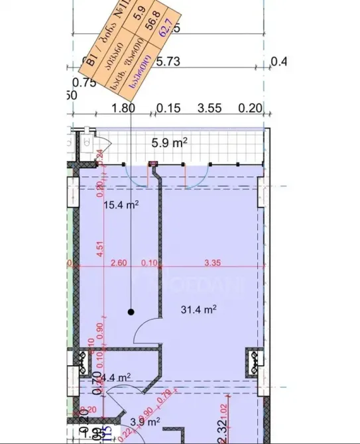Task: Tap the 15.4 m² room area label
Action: click(121, 205)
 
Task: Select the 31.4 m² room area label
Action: click(200, 309)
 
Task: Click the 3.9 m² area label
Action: click(145, 421)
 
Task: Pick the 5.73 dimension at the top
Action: click(168, 62)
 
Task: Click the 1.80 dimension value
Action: click(124, 109)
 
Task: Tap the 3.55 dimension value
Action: click(210, 109)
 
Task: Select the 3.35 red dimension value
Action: click(212, 263)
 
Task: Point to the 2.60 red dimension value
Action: click(118, 263)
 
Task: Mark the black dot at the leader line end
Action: click(131, 311)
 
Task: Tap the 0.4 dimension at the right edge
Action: click(280, 62)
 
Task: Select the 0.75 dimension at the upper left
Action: click(85, 83)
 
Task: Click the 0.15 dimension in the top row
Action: click(168, 109)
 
